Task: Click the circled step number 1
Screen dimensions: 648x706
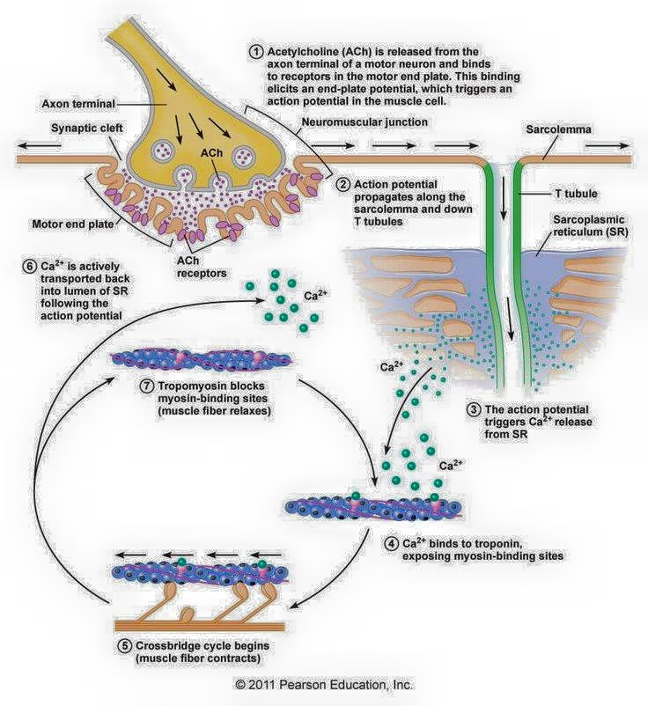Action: pyautogui.click(x=256, y=52)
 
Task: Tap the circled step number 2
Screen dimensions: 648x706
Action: pyautogui.click(x=343, y=185)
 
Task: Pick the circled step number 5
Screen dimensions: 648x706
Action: pyautogui.click(x=125, y=645)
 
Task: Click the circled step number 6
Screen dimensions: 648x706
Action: pyautogui.click(x=29, y=266)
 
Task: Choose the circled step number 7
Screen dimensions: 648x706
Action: pyautogui.click(x=147, y=386)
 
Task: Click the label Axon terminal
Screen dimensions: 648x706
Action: pyautogui.click(x=78, y=104)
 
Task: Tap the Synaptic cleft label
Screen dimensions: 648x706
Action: pyautogui.click(x=86, y=128)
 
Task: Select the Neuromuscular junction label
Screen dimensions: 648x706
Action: pyautogui.click(x=364, y=122)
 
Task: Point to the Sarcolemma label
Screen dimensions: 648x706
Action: pyautogui.click(x=558, y=129)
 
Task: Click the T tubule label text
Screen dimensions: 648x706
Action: pyautogui.click(x=576, y=194)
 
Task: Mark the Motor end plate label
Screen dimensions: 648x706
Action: pyautogui.click(x=72, y=224)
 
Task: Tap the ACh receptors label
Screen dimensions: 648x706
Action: pyautogui.click(x=202, y=267)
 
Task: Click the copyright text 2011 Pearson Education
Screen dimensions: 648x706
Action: pyautogui.click(x=324, y=684)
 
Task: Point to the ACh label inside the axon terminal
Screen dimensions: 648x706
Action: pyautogui.click(x=211, y=153)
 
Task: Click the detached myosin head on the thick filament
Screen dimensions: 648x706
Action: pyautogui.click(x=187, y=614)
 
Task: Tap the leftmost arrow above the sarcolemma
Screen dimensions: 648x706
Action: pyautogui.click(x=38, y=145)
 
